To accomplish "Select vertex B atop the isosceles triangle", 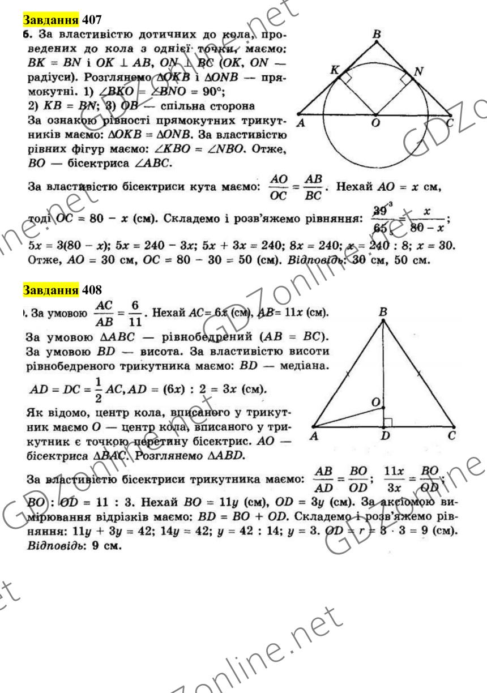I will click(x=383, y=311).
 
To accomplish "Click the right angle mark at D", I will click(x=388, y=421).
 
